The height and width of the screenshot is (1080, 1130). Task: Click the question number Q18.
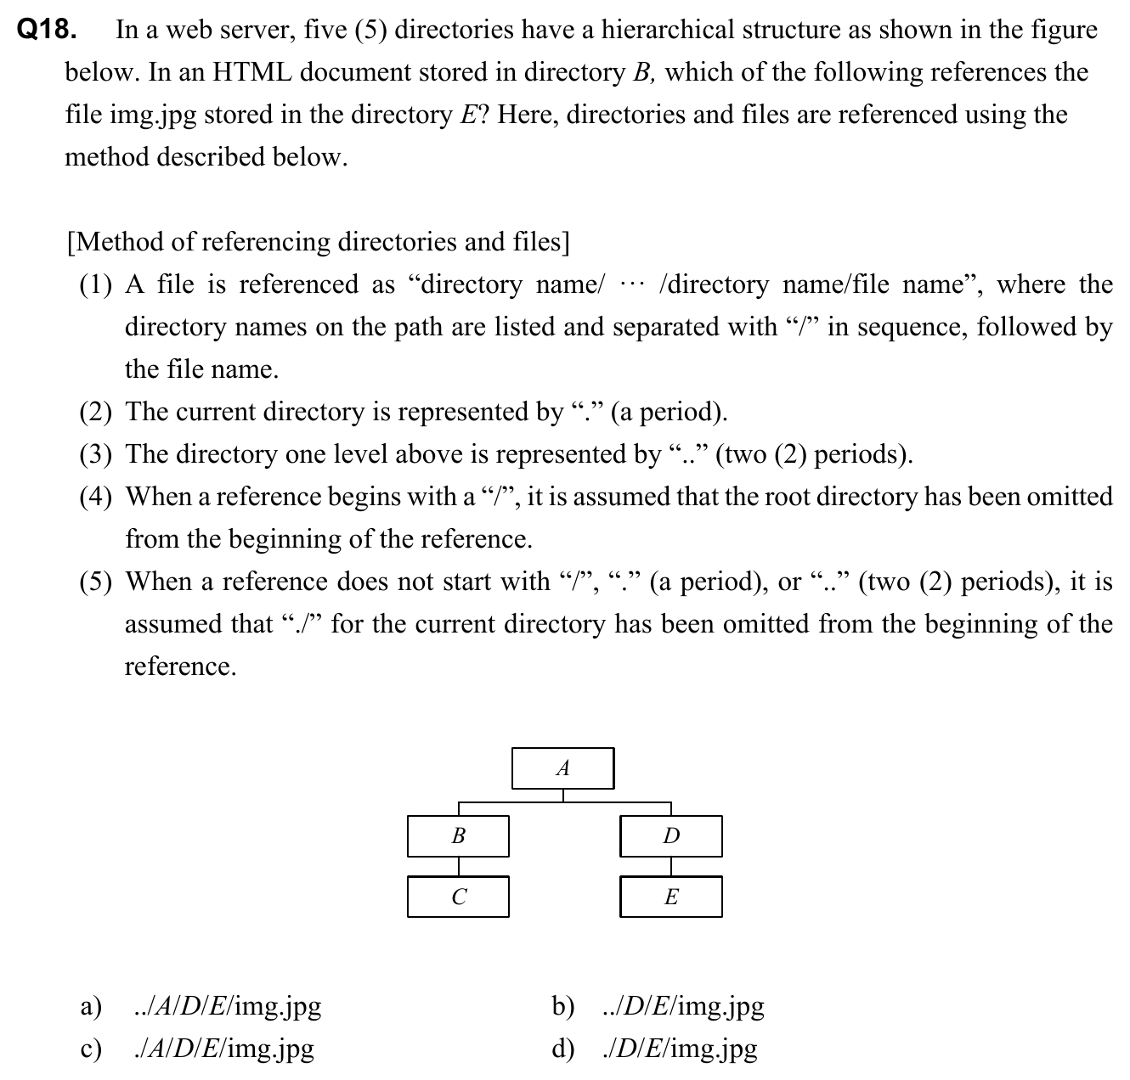tap(48, 31)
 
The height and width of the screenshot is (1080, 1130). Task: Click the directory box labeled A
tap(562, 768)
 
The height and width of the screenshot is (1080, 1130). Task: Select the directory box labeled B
tap(458, 836)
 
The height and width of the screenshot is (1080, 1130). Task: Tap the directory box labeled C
tap(458, 897)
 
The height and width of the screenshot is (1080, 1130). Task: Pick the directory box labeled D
tap(671, 836)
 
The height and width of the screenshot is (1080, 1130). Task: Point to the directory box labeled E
tap(671, 897)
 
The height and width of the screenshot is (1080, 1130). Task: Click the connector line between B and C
tap(459, 867)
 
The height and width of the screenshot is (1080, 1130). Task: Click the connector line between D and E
tap(671, 867)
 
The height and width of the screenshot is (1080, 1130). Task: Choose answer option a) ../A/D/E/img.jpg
tap(228, 1007)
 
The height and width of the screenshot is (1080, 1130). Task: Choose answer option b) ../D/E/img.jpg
tap(683, 1007)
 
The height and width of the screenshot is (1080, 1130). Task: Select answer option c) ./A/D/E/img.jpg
tap(224, 1049)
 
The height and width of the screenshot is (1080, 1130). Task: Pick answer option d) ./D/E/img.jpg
tap(680, 1049)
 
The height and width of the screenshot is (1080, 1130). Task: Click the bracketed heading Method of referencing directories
tap(318, 243)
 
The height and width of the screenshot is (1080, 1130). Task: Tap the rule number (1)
tap(96, 285)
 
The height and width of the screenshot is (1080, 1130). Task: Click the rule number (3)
tap(96, 455)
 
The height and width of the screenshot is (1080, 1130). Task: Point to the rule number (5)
tap(96, 582)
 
